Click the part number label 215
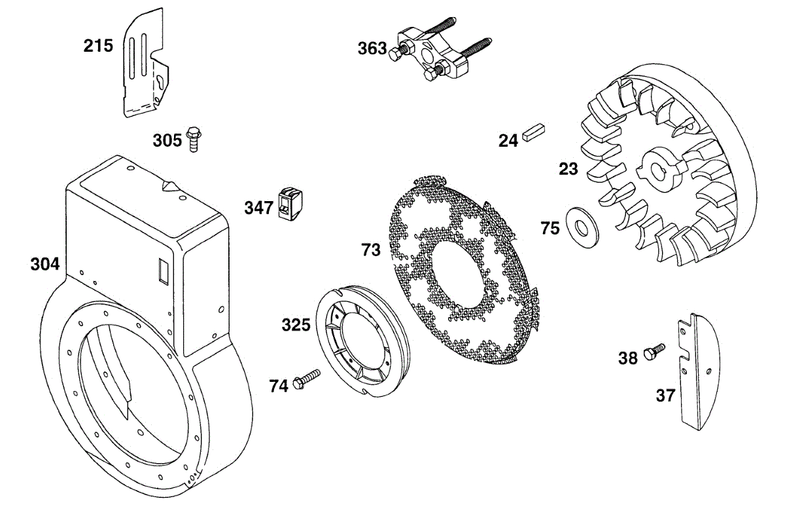(x=98, y=46)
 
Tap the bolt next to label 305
(x=193, y=140)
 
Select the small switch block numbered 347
(x=290, y=204)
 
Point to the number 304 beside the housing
(x=45, y=264)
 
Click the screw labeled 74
(x=307, y=379)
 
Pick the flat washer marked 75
(x=582, y=228)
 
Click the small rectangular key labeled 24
(x=533, y=131)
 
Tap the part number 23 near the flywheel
(x=568, y=169)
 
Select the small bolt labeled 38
(x=654, y=352)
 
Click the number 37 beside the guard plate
(x=665, y=396)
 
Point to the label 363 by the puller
(x=372, y=48)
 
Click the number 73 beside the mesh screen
(x=371, y=250)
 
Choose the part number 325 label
(x=296, y=325)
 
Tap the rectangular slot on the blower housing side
(x=164, y=271)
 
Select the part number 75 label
(x=550, y=229)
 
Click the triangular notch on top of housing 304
(x=169, y=186)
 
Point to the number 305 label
(x=167, y=141)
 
